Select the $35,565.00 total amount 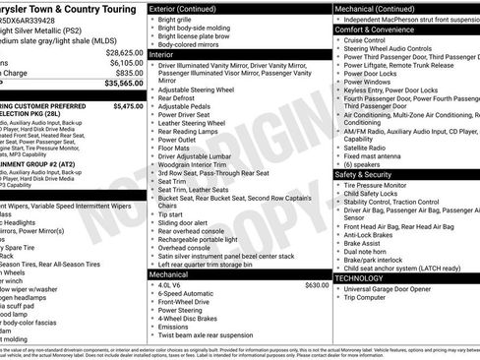[x=124, y=84]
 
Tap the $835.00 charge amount [x=130, y=73]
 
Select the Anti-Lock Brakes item [x=374, y=234]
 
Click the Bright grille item [x=178, y=19]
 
